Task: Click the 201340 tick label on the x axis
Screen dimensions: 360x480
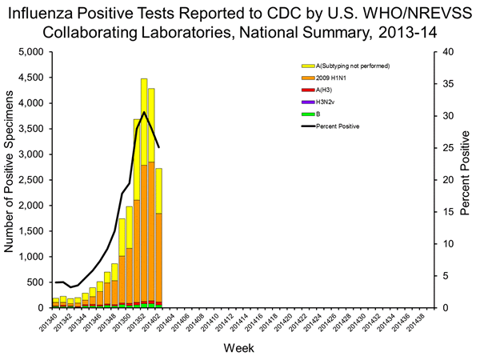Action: click(51, 324)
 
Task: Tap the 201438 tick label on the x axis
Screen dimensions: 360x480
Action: click(414, 324)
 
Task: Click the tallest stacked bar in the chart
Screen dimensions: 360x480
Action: click(144, 200)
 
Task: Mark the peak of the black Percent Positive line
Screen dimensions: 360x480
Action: click(144, 112)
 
